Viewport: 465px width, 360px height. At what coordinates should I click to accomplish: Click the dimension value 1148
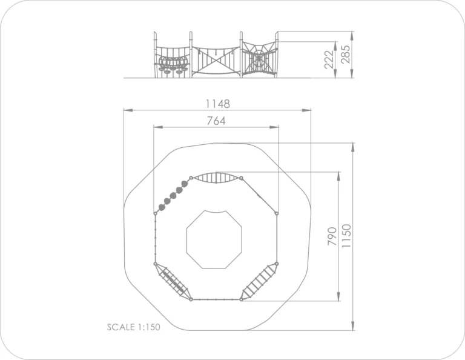coord(218,104)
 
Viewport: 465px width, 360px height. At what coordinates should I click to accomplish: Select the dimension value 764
coord(216,121)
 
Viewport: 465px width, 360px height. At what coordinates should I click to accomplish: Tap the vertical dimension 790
coord(332,236)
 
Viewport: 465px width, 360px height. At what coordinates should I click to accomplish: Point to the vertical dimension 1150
coord(346,236)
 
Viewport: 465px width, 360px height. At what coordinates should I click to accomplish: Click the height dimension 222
coord(329,59)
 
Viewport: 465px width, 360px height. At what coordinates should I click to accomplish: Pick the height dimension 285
coord(346,55)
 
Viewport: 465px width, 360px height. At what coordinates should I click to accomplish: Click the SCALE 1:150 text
coord(133,327)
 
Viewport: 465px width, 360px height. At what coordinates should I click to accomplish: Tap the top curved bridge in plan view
coord(216,178)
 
